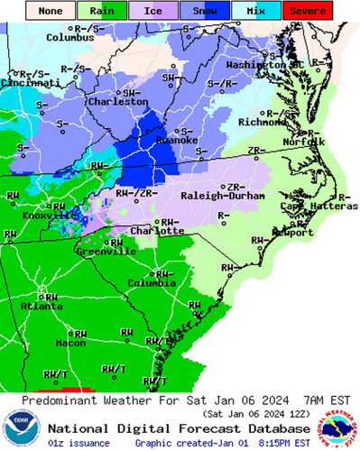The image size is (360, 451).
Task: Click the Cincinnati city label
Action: tap(24, 81)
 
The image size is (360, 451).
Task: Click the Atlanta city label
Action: tap(37, 306)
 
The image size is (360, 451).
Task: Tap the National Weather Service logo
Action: tap(339, 428)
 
